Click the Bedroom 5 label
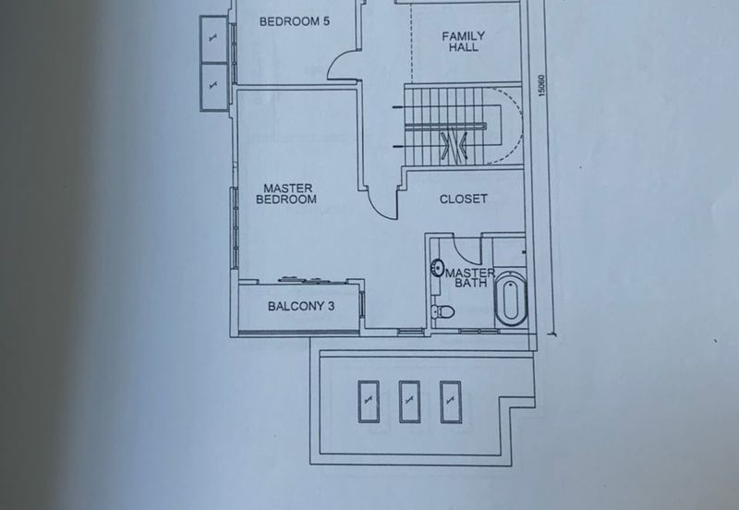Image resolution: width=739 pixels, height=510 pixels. [295, 21]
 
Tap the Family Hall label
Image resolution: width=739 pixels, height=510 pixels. [464, 42]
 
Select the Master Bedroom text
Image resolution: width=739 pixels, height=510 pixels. [286, 194]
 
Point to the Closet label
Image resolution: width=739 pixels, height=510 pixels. [464, 199]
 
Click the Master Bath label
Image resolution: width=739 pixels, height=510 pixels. [470, 277]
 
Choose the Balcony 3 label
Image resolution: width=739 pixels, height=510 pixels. [301, 306]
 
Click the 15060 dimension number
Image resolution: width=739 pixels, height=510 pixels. [541, 86]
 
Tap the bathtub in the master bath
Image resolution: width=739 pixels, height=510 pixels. [512, 299]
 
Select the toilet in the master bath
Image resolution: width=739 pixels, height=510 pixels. [442, 311]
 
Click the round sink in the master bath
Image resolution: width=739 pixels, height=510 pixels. [437, 268]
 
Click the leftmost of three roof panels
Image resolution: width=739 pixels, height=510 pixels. [369, 402]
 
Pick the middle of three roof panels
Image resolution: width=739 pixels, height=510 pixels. [409, 402]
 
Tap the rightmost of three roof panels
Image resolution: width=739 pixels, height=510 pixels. [451, 402]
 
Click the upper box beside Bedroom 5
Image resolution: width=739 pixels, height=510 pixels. [213, 39]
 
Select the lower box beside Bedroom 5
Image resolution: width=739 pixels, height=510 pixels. [214, 87]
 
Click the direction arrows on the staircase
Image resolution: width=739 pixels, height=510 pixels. [454, 145]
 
